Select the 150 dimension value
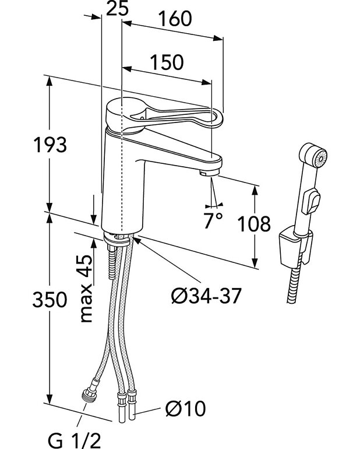[166, 62]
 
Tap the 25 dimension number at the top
[117, 9]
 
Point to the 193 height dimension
[50, 145]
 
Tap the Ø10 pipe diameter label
[185, 409]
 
